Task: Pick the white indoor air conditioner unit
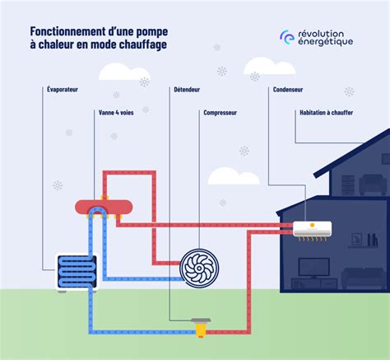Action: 313,227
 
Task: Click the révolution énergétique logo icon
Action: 286,37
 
